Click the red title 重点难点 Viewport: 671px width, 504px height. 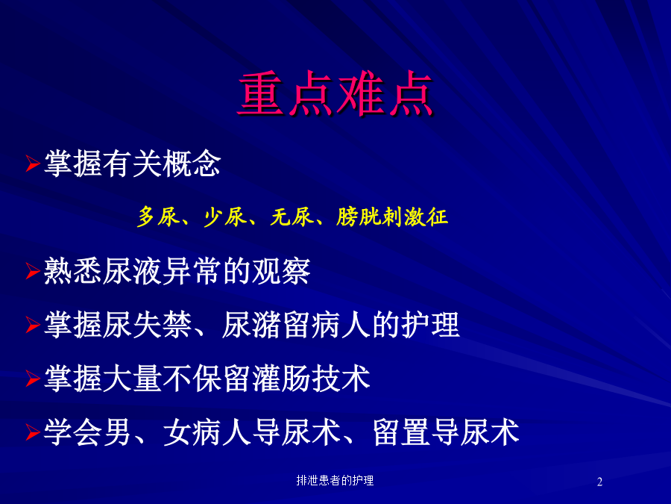pyautogui.click(x=335, y=94)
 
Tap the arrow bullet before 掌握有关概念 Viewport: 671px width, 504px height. pyautogui.click(x=33, y=164)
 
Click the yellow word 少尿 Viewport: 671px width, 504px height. pyautogui.click(x=225, y=217)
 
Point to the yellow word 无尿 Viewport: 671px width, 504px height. pyautogui.click(x=292, y=217)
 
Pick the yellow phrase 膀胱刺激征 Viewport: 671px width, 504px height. pyautogui.click(x=392, y=217)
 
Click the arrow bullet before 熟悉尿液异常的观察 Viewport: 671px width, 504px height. pyautogui.click(x=33, y=271)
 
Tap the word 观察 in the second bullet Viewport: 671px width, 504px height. pyautogui.click(x=281, y=271)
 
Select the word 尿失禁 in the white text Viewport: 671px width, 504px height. pyautogui.click(x=147, y=325)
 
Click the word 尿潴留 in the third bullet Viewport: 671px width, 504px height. pyautogui.click(x=265, y=325)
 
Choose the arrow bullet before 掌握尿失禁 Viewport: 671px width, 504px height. pyautogui.click(x=33, y=325)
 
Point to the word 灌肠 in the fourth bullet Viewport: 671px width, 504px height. pyautogui.click(x=281, y=379)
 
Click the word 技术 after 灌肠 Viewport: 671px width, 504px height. pyautogui.click(x=340, y=379)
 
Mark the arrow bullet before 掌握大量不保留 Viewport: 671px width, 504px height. pyautogui.click(x=33, y=379)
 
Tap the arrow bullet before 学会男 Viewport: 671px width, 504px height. pyautogui.click(x=33, y=432)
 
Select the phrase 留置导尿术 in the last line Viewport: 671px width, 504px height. pyautogui.click(x=446, y=432)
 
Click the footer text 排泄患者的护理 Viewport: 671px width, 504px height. pyautogui.click(x=335, y=480)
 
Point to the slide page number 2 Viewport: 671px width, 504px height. pyautogui.click(x=599, y=482)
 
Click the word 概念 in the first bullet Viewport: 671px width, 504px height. pyautogui.click(x=192, y=164)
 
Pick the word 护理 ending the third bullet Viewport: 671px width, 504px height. pyautogui.click(x=430, y=325)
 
